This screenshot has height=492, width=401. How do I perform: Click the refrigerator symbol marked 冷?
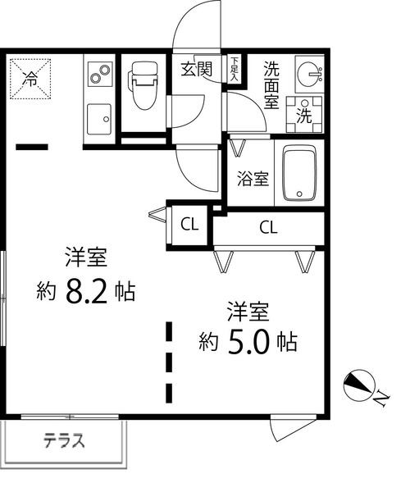click(30, 79)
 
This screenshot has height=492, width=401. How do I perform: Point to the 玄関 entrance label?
click(197, 69)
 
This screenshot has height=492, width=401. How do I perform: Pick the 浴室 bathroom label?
click(253, 179)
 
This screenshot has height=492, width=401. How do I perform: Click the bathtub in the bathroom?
click(301, 174)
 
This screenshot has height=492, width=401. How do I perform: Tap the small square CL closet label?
click(188, 224)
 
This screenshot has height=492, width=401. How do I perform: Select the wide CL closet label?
click(267, 226)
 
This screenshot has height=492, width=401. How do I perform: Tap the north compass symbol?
click(358, 383)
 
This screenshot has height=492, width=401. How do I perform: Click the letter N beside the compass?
click(382, 398)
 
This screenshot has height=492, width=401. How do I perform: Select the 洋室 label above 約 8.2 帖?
click(87, 257)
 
